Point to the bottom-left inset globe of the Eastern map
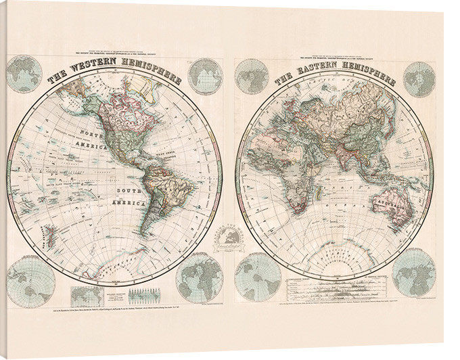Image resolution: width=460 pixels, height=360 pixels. [258, 274]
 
